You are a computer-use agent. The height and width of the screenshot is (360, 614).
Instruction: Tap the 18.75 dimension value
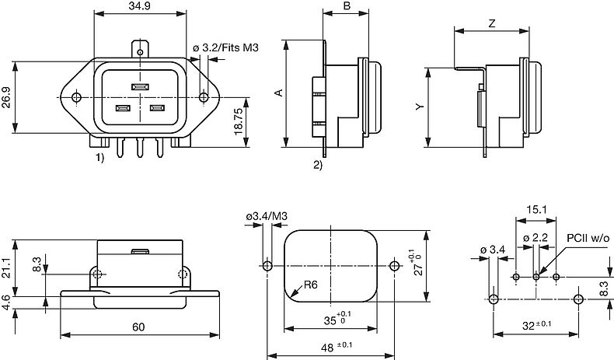[x=238, y=123]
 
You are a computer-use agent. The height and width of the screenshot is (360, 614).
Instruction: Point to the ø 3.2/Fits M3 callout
[x=225, y=48]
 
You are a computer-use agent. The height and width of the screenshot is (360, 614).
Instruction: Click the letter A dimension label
[x=278, y=93]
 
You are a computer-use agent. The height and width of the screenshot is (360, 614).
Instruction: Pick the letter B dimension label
[x=346, y=6]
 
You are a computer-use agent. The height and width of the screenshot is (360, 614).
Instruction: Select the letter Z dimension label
[x=492, y=23]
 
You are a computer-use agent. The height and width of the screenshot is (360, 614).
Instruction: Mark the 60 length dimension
[x=138, y=327]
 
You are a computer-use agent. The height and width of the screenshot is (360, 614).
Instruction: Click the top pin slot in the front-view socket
[x=140, y=87]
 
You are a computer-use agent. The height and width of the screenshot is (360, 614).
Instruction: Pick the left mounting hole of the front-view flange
[x=76, y=97]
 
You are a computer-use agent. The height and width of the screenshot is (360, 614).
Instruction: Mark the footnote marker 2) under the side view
[x=318, y=166]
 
